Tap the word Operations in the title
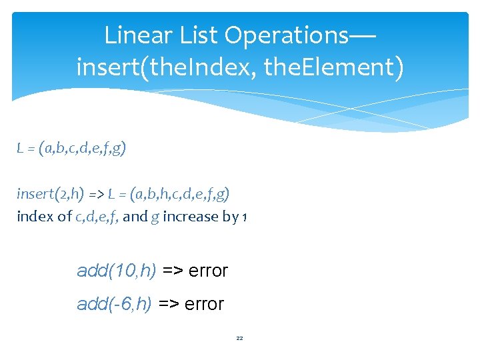pyautogui.click(x=289, y=34)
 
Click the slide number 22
pyautogui.click(x=240, y=339)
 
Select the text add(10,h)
pyautogui.click(x=117, y=271)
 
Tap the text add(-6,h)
pyautogui.click(x=115, y=304)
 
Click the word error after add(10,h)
pyautogui.click(x=208, y=271)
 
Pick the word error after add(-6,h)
pyautogui.click(x=204, y=304)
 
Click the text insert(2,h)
pyautogui.click(x=50, y=194)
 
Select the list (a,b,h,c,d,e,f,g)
pyautogui.click(x=180, y=194)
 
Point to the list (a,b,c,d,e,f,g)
pyautogui.click(x=83, y=149)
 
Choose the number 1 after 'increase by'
pyautogui.click(x=245, y=217)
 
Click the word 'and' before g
pyautogui.click(x=135, y=217)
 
